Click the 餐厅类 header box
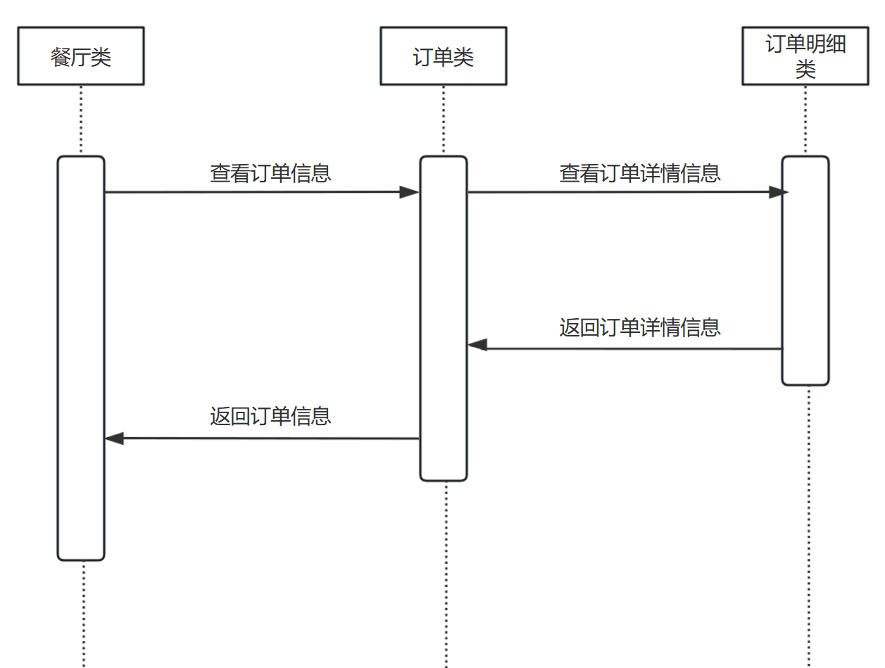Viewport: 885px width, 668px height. [80, 56]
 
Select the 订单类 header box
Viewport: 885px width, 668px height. [443, 56]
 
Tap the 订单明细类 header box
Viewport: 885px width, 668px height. [805, 56]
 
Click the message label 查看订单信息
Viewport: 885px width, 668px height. [270, 173]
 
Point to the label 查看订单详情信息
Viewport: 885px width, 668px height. [640, 173]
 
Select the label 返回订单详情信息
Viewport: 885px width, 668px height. [640, 328]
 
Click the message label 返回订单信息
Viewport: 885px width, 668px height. [270, 416]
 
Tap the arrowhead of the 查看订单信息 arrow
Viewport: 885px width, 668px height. [410, 192]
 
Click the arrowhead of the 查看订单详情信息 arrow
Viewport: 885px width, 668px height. [778, 192]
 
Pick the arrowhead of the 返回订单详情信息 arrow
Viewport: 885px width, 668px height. [478, 345]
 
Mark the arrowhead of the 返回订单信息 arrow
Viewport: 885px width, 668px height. [115, 439]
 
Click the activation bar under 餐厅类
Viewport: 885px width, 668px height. [81, 358]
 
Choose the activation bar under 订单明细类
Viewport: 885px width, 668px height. [805, 270]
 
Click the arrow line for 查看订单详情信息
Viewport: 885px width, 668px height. [620, 192]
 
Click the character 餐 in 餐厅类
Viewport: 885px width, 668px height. [61, 56]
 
